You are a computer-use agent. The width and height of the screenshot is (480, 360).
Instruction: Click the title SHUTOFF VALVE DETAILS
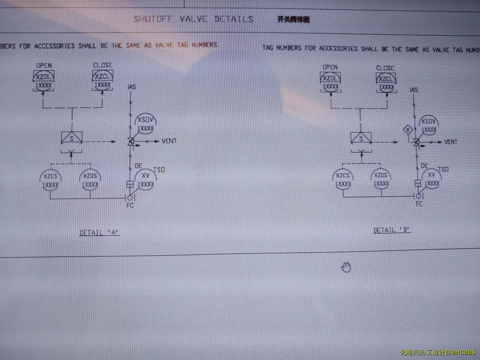[193, 19]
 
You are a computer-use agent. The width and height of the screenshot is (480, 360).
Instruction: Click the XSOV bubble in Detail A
[146, 124]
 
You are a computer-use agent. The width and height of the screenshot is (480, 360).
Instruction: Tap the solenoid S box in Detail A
[72, 138]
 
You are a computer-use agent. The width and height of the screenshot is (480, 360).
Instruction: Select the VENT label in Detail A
[170, 141]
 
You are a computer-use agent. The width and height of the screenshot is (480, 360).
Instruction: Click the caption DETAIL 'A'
[99, 233]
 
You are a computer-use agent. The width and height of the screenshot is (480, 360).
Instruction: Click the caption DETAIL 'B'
[391, 230]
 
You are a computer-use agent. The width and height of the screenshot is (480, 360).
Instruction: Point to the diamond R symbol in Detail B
[407, 130]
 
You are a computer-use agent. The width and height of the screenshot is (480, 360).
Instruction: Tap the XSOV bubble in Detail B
[429, 125]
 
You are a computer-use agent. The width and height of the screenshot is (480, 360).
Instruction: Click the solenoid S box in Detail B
[361, 138]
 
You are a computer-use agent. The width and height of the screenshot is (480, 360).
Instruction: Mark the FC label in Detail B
[419, 204]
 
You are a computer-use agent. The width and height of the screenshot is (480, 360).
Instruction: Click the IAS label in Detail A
[132, 87]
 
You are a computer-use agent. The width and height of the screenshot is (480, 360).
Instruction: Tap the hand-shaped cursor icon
[346, 267]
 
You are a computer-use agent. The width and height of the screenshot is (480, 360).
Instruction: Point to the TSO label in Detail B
[443, 169]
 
